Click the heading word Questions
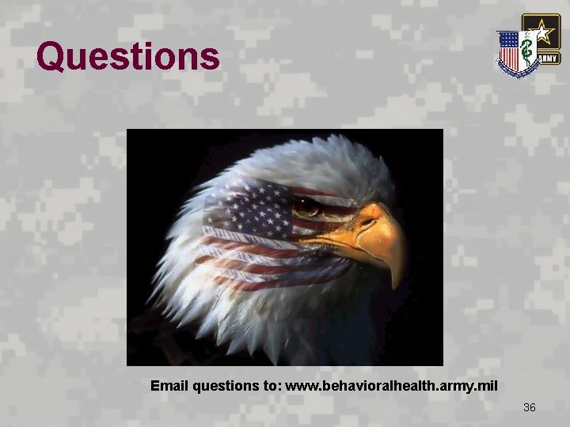128,56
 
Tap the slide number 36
530,407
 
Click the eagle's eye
307,206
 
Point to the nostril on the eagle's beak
365,223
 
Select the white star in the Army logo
541,32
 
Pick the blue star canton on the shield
507,40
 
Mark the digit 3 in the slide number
526,407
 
